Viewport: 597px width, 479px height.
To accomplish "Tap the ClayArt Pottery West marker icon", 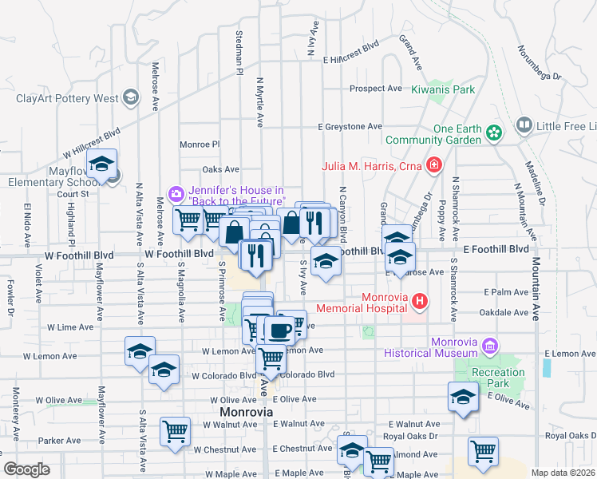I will click(x=132, y=99).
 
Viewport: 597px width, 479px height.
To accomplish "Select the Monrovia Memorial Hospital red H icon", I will click(x=421, y=301).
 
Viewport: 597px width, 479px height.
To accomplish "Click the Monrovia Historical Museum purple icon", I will click(x=490, y=346).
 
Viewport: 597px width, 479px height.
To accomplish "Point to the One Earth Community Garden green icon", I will click(x=494, y=133).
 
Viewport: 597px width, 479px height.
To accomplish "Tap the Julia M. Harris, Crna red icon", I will click(x=433, y=166).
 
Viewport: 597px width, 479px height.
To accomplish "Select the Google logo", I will click(x=26, y=469).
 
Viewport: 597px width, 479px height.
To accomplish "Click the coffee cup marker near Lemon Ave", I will click(x=278, y=330).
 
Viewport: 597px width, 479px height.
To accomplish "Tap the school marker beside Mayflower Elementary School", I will click(x=101, y=164).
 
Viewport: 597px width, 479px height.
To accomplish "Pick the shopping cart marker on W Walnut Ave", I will click(x=175, y=432).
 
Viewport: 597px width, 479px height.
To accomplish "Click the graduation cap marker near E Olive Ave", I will click(x=463, y=398).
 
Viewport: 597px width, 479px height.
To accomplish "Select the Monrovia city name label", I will click(x=246, y=412).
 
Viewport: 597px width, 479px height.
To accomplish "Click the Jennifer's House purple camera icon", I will click(x=176, y=193).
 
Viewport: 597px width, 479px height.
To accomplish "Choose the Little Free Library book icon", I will click(x=524, y=125).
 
